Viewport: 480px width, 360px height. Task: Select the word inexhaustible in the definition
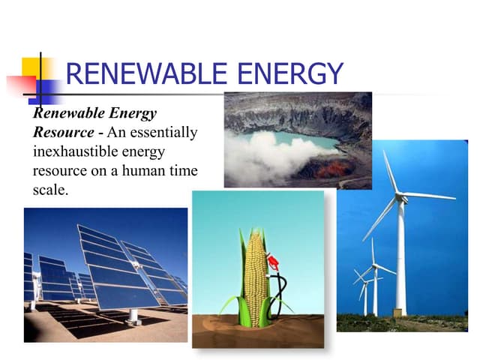pos(73,152)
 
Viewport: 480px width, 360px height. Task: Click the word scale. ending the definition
pos(49,190)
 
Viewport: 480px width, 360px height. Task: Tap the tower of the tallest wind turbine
pos(400,262)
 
